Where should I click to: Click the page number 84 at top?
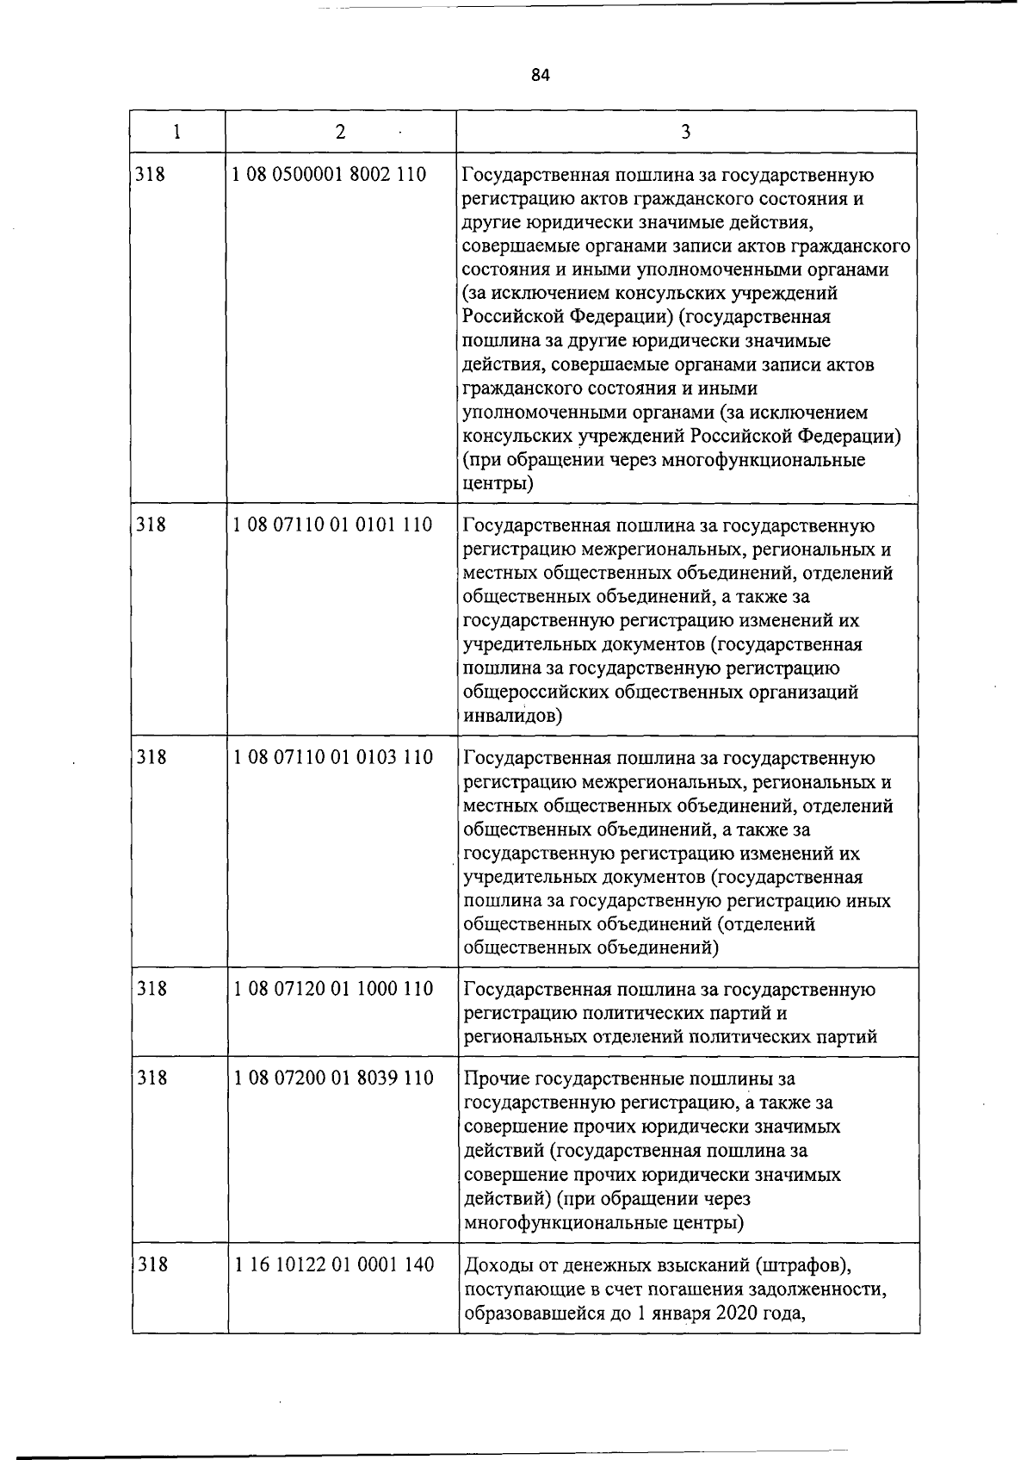(x=540, y=75)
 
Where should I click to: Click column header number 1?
(x=176, y=132)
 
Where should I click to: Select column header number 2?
(x=341, y=132)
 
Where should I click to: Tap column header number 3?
(x=685, y=132)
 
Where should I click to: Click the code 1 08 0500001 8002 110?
(x=330, y=175)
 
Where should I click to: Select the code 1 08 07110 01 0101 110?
(x=332, y=524)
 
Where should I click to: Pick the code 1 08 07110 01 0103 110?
(x=332, y=757)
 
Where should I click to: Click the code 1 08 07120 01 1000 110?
(x=332, y=989)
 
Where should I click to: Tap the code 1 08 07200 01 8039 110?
(x=332, y=1078)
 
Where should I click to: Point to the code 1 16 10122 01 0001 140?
(x=332, y=1264)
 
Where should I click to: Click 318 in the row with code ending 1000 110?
(x=152, y=989)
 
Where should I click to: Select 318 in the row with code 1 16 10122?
(x=152, y=1264)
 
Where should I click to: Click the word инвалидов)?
(x=513, y=716)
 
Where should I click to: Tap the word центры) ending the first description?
(x=498, y=484)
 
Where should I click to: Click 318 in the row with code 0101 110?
(x=152, y=524)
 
